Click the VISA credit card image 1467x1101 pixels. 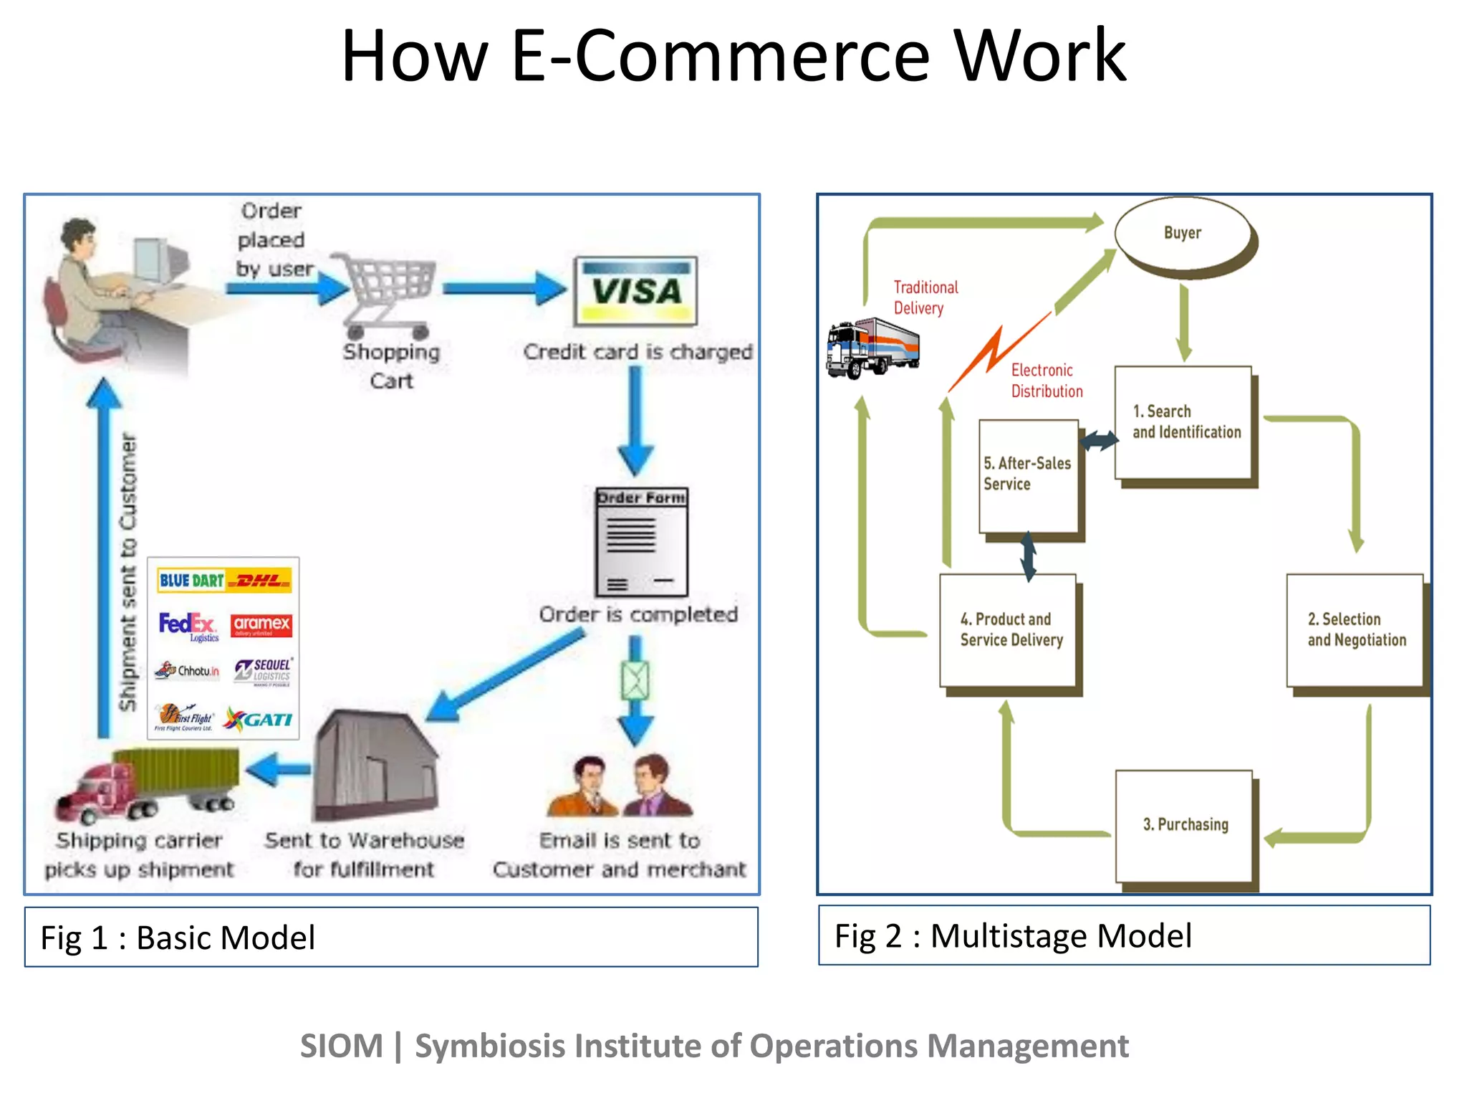[635, 291]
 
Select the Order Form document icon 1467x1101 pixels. [642, 542]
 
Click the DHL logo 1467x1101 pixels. [259, 580]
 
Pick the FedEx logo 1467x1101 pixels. [186, 624]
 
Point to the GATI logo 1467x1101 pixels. [259, 719]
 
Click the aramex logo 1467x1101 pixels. [261, 624]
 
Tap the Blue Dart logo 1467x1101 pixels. [191, 580]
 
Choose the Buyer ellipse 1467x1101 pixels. [1183, 234]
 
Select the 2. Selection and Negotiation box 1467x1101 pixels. [1355, 629]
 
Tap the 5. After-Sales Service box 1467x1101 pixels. [1028, 475]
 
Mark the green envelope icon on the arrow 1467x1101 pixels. [635, 680]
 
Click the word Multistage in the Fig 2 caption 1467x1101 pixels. [1009, 936]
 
